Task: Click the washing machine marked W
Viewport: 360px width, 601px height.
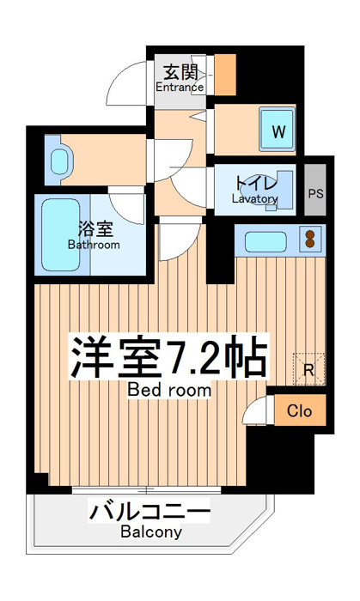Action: click(278, 130)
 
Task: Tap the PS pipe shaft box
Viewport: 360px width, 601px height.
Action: click(315, 190)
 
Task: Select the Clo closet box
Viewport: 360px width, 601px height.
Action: click(300, 410)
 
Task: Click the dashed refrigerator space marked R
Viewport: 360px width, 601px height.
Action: click(309, 368)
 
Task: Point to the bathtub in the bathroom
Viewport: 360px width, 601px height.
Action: click(61, 234)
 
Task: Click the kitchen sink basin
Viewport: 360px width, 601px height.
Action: click(265, 242)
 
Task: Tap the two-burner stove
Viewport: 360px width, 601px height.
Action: click(309, 239)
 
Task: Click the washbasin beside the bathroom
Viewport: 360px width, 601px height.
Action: click(60, 161)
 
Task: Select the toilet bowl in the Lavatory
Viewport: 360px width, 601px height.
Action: click(259, 196)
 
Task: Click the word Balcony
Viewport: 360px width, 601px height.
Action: click(151, 531)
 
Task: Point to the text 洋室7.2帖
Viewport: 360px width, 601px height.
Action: click(168, 357)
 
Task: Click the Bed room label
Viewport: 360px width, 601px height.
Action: click(169, 390)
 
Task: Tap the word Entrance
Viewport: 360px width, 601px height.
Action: click(180, 87)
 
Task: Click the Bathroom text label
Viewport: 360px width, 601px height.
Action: click(94, 245)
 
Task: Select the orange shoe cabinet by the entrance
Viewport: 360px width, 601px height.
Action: click(224, 75)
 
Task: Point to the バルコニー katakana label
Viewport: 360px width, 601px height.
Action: click(149, 511)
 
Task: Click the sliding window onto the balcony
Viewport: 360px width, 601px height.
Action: click(146, 489)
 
